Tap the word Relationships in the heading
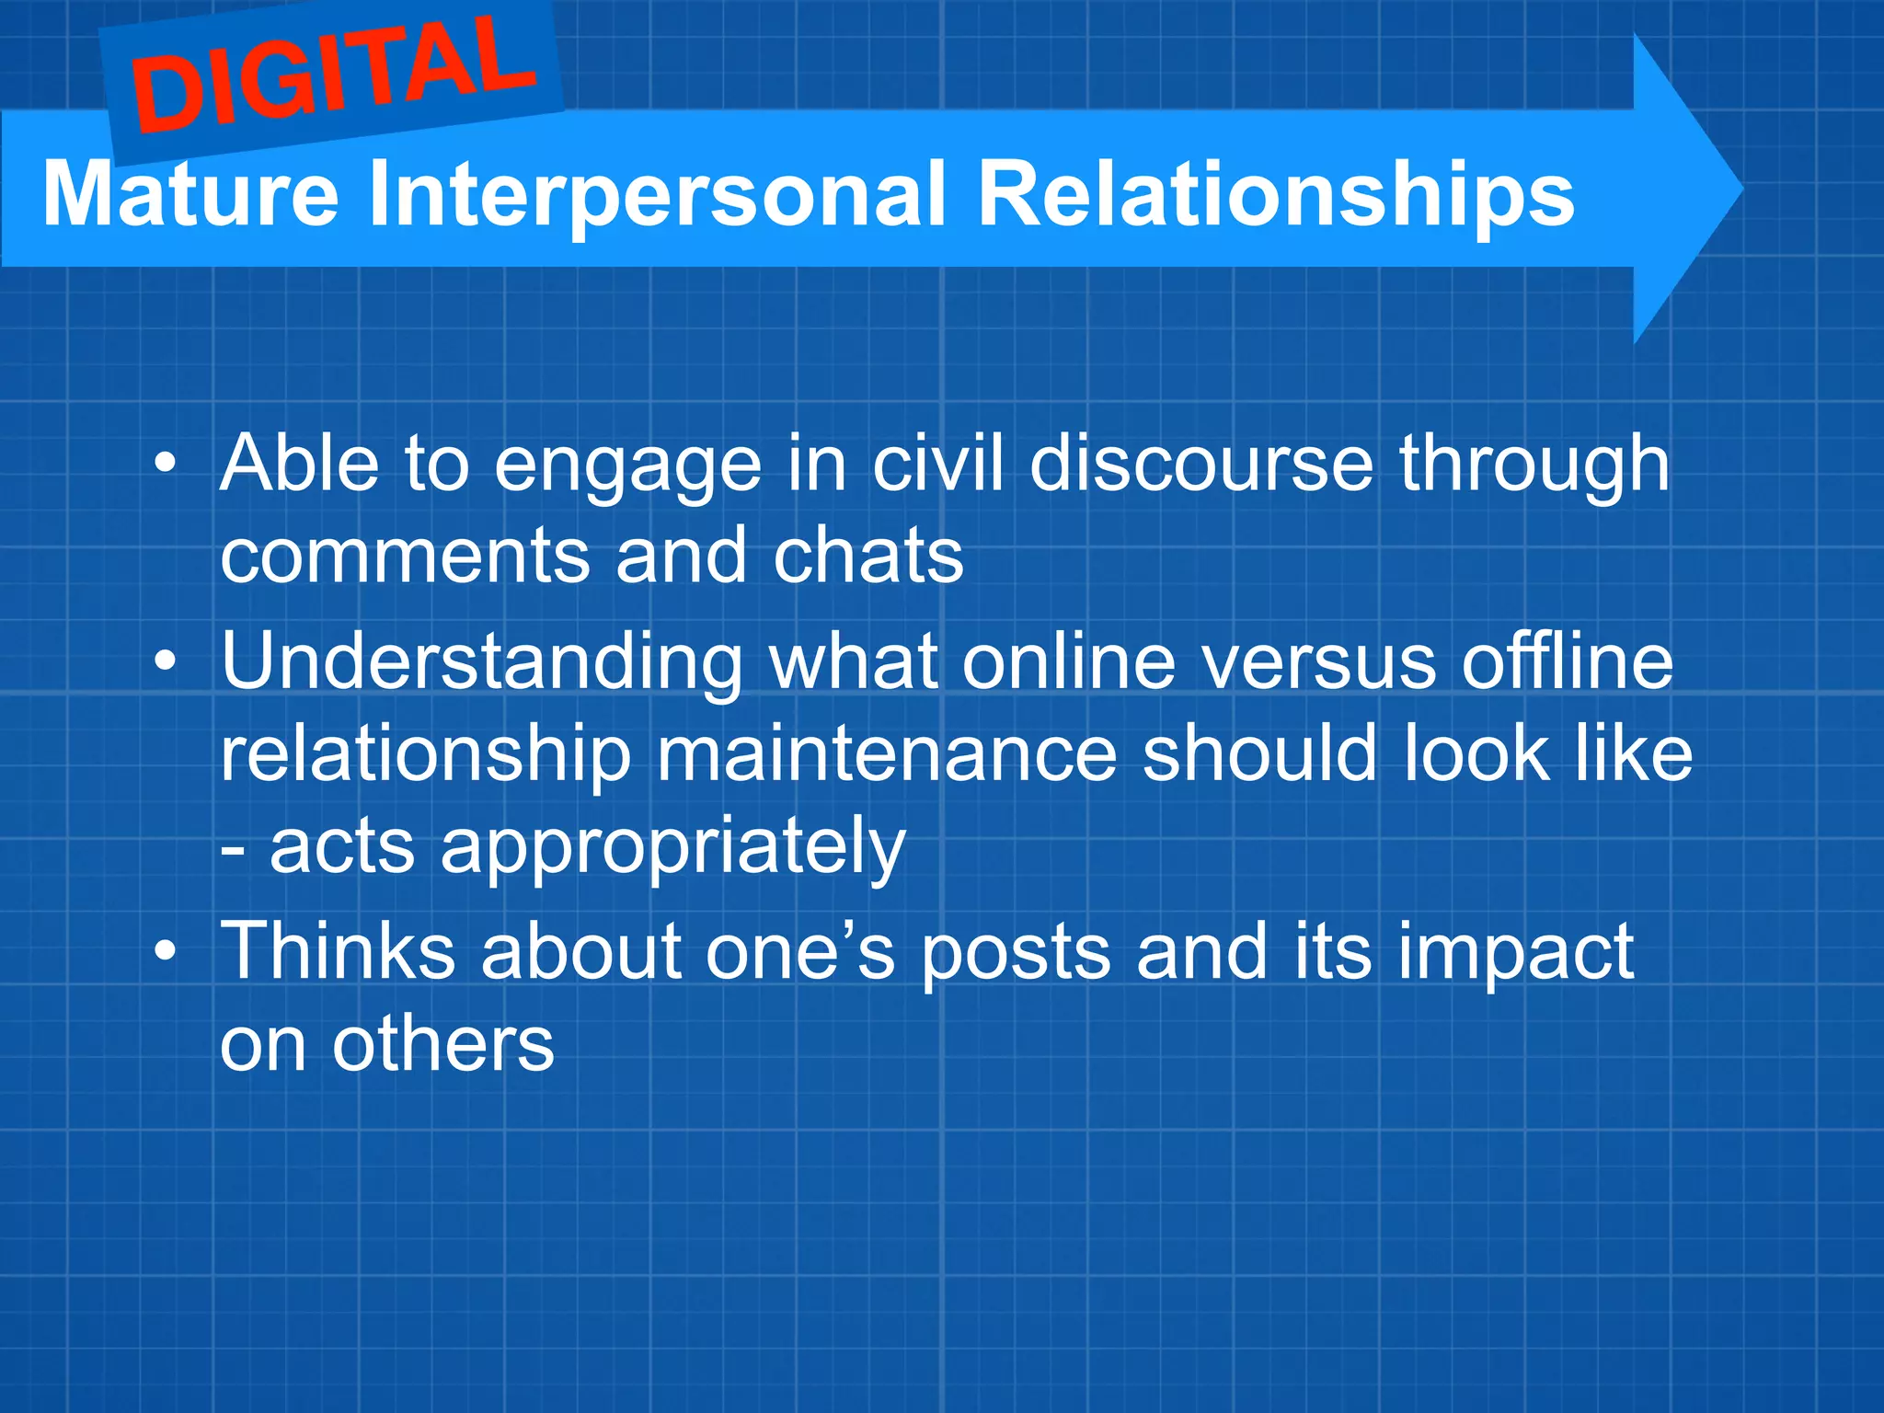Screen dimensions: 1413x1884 tap(1275, 195)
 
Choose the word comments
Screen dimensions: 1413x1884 tap(405, 558)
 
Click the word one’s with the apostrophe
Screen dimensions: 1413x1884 tap(799, 953)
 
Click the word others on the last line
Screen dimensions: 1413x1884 tap(442, 1046)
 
